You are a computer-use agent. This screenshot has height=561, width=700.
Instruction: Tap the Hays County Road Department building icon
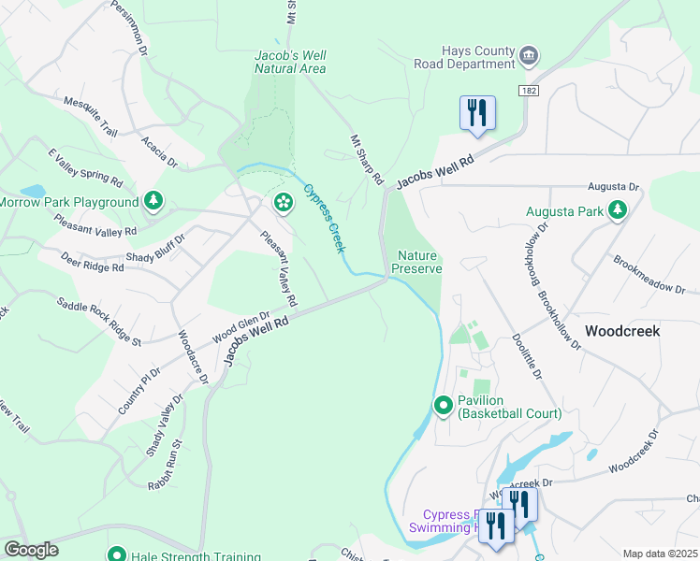(x=529, y=57)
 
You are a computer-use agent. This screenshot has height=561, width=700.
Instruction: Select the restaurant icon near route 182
(x=477, y=113)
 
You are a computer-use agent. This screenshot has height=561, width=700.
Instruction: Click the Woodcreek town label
(x=622, y=331)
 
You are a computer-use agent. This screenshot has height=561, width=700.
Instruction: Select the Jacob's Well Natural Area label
(x=290, y=62)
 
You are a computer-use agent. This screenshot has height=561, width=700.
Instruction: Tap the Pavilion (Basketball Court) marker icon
(x=445, y=406)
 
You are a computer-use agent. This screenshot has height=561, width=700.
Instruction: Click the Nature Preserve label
(x=416, y=262)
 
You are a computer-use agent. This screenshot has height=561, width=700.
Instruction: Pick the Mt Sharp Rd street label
(x=367, y=158)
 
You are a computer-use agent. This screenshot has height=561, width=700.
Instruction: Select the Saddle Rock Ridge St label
(x=98, y=322)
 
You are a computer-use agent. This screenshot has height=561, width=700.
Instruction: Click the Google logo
(x=31, y=550)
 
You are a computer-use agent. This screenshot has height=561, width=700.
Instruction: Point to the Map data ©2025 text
(x=660, y=554)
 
